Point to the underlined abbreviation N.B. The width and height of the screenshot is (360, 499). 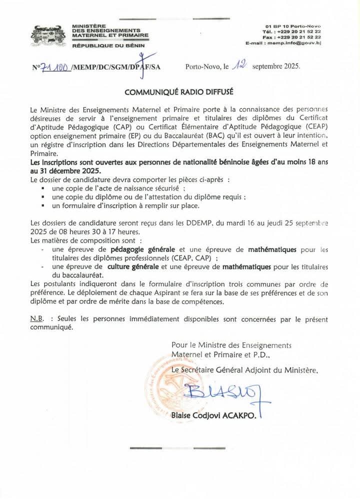pos(38,318)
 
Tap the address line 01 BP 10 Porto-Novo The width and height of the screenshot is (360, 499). pos(293,25)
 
